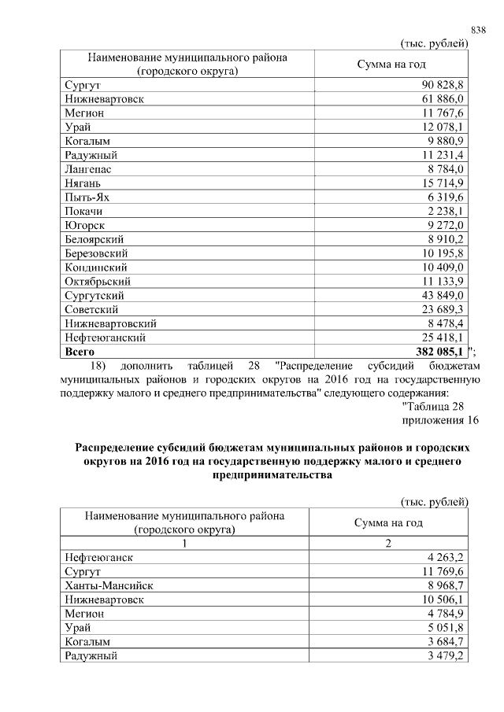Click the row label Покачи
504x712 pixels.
(84, 212)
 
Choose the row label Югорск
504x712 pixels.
(85, 226)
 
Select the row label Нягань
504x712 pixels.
(83, 183)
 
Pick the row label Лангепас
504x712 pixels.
(88, 169)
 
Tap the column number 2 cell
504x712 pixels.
(391, 544)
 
